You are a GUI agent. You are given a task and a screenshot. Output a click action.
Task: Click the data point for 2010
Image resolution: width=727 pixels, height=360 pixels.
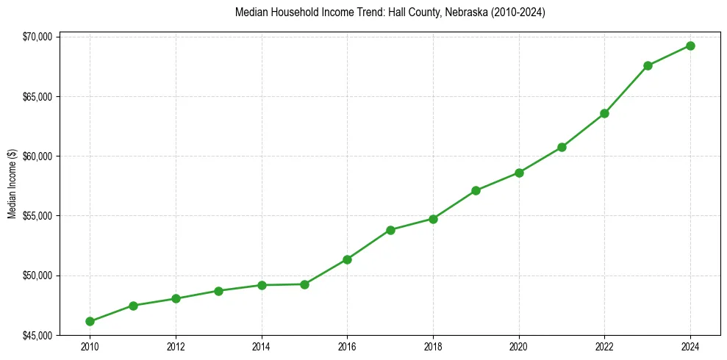90,321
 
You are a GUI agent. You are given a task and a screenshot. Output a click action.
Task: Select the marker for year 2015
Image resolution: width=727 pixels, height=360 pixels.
304,284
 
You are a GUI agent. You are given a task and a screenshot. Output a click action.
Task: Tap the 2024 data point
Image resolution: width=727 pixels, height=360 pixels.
690,46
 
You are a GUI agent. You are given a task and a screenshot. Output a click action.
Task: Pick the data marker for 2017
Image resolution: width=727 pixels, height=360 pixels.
390,230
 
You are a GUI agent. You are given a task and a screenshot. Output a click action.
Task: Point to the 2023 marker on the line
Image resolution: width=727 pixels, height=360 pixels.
648,65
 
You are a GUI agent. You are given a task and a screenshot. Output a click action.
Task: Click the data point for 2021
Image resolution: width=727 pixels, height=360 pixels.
562,147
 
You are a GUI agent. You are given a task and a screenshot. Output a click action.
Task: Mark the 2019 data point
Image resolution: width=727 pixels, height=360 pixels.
476,190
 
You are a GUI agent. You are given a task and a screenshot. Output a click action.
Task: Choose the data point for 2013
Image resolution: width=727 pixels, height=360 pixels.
218,291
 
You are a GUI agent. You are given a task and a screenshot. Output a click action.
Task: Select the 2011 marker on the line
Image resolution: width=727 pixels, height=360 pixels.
133,306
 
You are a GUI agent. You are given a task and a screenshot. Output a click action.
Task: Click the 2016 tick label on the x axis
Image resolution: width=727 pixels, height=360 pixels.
347,347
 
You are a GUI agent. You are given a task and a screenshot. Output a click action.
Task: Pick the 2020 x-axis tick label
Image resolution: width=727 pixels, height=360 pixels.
519,347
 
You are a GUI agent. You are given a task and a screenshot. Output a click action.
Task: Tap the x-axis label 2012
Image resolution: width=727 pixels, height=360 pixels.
176,347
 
